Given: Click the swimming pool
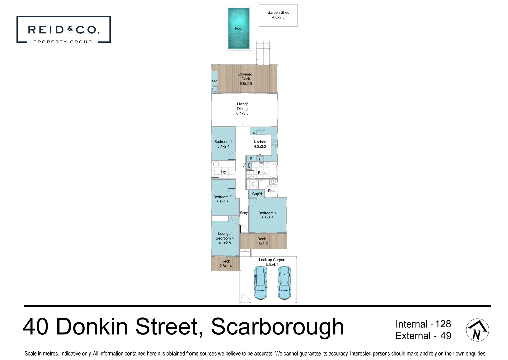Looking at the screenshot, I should point(239,28).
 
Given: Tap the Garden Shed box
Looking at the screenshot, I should point(278,15).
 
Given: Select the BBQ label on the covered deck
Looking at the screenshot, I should point(215,81).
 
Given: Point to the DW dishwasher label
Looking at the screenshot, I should point(253,133).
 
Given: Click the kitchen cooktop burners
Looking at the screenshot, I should point(274,143).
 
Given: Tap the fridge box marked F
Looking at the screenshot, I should point(251,159).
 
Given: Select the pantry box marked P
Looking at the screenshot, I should point(260,159).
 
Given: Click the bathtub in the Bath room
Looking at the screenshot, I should point(273,170).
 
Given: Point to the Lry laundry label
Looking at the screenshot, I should point(223,172).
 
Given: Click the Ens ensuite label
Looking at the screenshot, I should point(271,191).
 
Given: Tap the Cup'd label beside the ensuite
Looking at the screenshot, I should point(257,194).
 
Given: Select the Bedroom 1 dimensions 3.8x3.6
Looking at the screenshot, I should point(267,218).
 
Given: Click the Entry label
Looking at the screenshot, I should point(244,213).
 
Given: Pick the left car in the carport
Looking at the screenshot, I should point(260,283).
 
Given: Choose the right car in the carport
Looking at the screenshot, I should point(284,283).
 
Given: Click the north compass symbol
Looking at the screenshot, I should point(477,330).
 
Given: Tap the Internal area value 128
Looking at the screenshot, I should point(443,324).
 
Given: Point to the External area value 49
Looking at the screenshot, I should point(446,336).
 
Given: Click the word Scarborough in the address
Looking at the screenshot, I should point(277,327).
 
